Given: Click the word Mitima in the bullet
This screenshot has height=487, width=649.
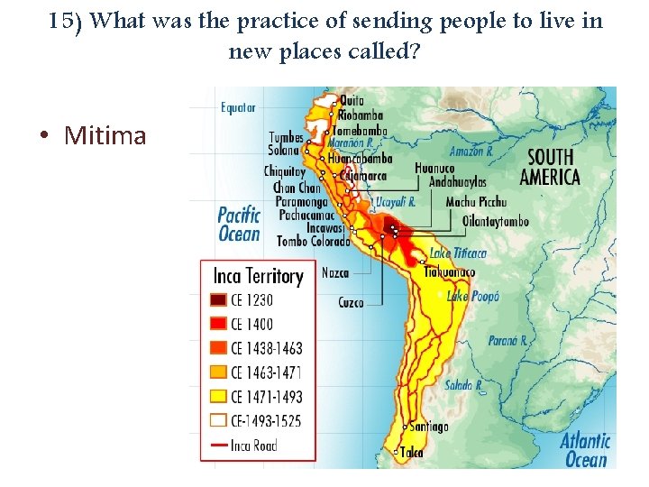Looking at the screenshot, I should [105, 136].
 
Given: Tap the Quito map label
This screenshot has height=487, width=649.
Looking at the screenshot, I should [352, 100].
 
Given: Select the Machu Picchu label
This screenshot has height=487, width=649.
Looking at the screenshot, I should [476, 202].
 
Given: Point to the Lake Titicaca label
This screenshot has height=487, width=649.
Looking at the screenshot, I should [458, 253].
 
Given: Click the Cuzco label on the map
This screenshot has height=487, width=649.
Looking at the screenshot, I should [351, 302].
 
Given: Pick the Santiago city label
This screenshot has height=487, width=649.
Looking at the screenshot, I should [428, 427].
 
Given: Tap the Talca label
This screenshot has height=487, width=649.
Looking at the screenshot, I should [412, 453].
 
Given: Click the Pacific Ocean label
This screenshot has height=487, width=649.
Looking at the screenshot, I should [239, 224].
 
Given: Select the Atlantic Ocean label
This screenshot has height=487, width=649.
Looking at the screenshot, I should [585, 450].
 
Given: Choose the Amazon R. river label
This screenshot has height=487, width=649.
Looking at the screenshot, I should [471, 152].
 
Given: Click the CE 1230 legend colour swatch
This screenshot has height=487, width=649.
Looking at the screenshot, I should [218, 300].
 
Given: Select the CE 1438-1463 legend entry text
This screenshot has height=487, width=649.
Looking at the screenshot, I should [266, 348].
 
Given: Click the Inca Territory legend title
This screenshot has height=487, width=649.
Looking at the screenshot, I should [258, 275].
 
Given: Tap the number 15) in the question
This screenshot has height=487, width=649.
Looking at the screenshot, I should [67, 21].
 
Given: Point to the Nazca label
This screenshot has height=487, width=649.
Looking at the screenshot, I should [334, 271].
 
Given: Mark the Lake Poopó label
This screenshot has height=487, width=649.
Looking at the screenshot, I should [473, 295].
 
